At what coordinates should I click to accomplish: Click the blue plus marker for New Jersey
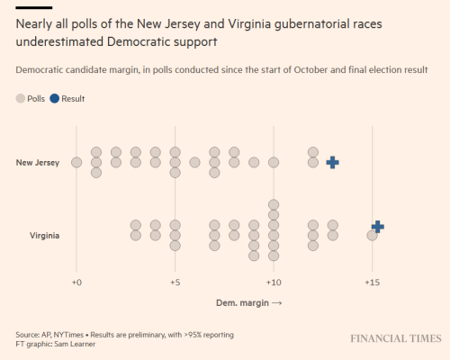tap(333, 163)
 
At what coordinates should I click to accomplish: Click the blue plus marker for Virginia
tap(378, 227)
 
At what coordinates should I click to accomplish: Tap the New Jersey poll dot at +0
tap(76, 163)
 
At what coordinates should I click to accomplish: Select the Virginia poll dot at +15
tap(372, 236)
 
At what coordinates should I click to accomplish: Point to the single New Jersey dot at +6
tap(194, 163)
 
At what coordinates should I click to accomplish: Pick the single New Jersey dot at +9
tap(254, 163)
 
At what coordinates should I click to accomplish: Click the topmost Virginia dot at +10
tap(274, 205)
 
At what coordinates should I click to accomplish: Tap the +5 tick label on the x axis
tap(175, 283)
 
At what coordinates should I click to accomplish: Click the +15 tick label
tap(373, 283)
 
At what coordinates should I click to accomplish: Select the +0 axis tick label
tap(76, 283)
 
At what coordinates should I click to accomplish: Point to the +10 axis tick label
tap(274, 283)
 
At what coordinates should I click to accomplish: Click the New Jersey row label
tap(38, 163)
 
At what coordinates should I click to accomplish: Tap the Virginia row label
tap(44, 236)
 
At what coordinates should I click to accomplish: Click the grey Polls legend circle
tap(21, 98)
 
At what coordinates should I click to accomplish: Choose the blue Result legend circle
tap(55, 98)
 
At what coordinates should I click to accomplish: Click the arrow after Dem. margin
tap(276, 303)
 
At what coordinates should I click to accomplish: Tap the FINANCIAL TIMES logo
tap(396, 338)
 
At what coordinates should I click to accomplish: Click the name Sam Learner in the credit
tap(75, 344)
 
